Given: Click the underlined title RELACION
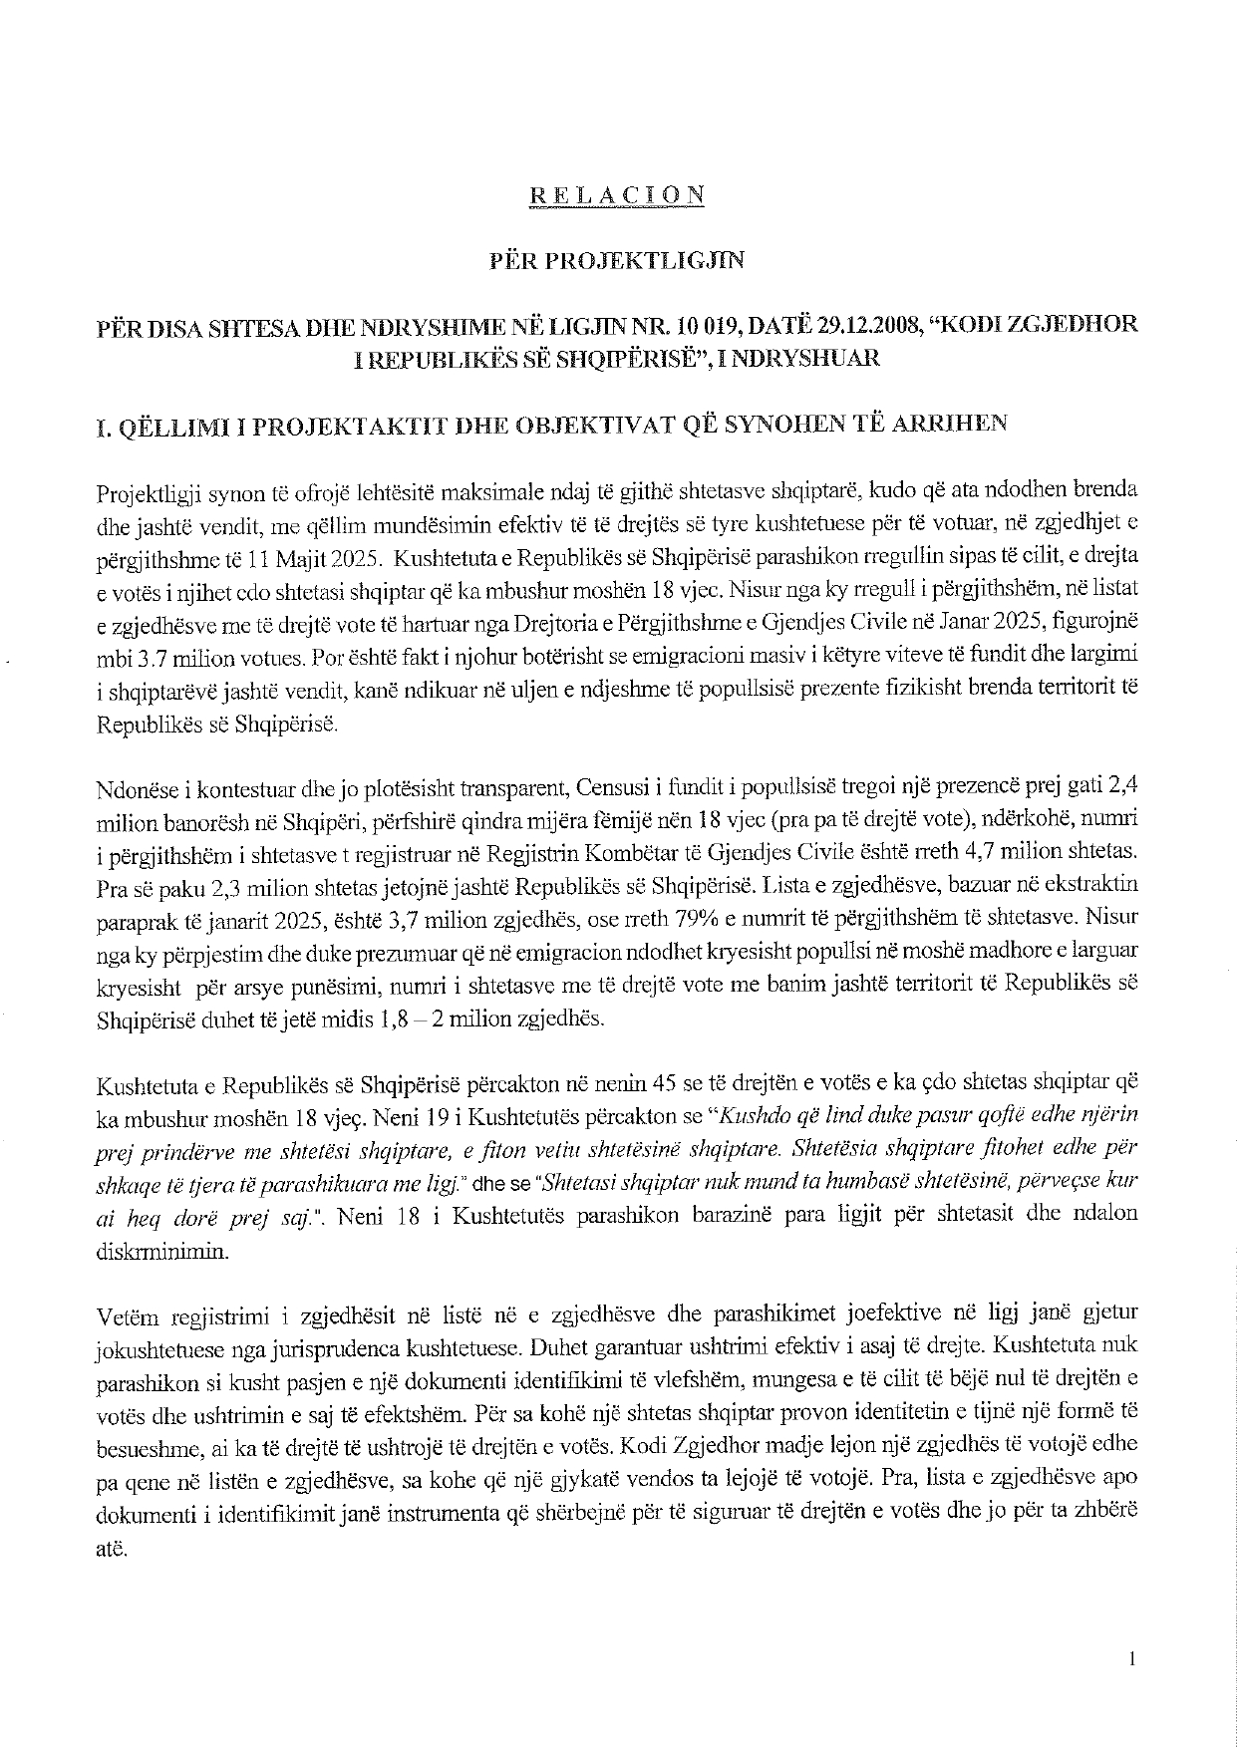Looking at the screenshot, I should [x=617, y=195].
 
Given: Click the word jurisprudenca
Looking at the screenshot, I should [x=326, y=1346].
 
